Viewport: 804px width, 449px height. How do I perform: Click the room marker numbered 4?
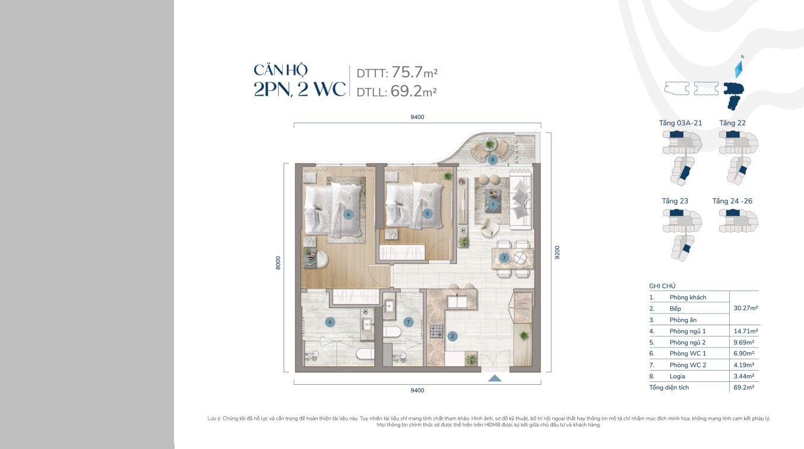tap(348, 214)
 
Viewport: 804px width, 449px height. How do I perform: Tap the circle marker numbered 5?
tap(427, 214)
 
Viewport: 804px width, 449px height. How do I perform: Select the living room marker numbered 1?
tap(493, 205)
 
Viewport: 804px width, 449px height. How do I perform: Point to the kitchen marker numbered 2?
tap(452, 336)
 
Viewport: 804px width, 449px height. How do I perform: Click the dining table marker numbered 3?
tap(504, 258)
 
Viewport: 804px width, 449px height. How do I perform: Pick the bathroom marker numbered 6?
tap(330, 322)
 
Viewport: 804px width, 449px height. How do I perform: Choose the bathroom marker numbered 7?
tap(408, 322)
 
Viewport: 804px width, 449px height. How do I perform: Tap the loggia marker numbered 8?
tap(492, 160)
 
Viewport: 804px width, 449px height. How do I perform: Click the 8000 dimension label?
tap(278, 263)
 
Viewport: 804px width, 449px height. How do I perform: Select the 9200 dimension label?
tap(557, 252)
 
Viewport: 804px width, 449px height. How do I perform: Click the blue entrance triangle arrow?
tap(495, 378)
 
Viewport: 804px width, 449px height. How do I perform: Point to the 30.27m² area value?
tap(745, 308)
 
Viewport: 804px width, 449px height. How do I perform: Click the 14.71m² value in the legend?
tap(745, 331)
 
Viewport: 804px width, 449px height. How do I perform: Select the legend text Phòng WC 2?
tap(688, 365)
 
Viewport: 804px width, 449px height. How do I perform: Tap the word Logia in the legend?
tap(678, 377)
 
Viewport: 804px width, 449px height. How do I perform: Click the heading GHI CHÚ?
tap(662, 286)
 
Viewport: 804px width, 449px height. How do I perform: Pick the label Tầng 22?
tap(732, 123)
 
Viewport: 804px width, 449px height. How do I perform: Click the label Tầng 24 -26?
tap(732, 201)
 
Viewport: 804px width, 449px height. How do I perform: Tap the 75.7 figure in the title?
tap(407, 72)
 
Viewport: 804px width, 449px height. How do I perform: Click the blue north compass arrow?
tap(739, 69)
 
